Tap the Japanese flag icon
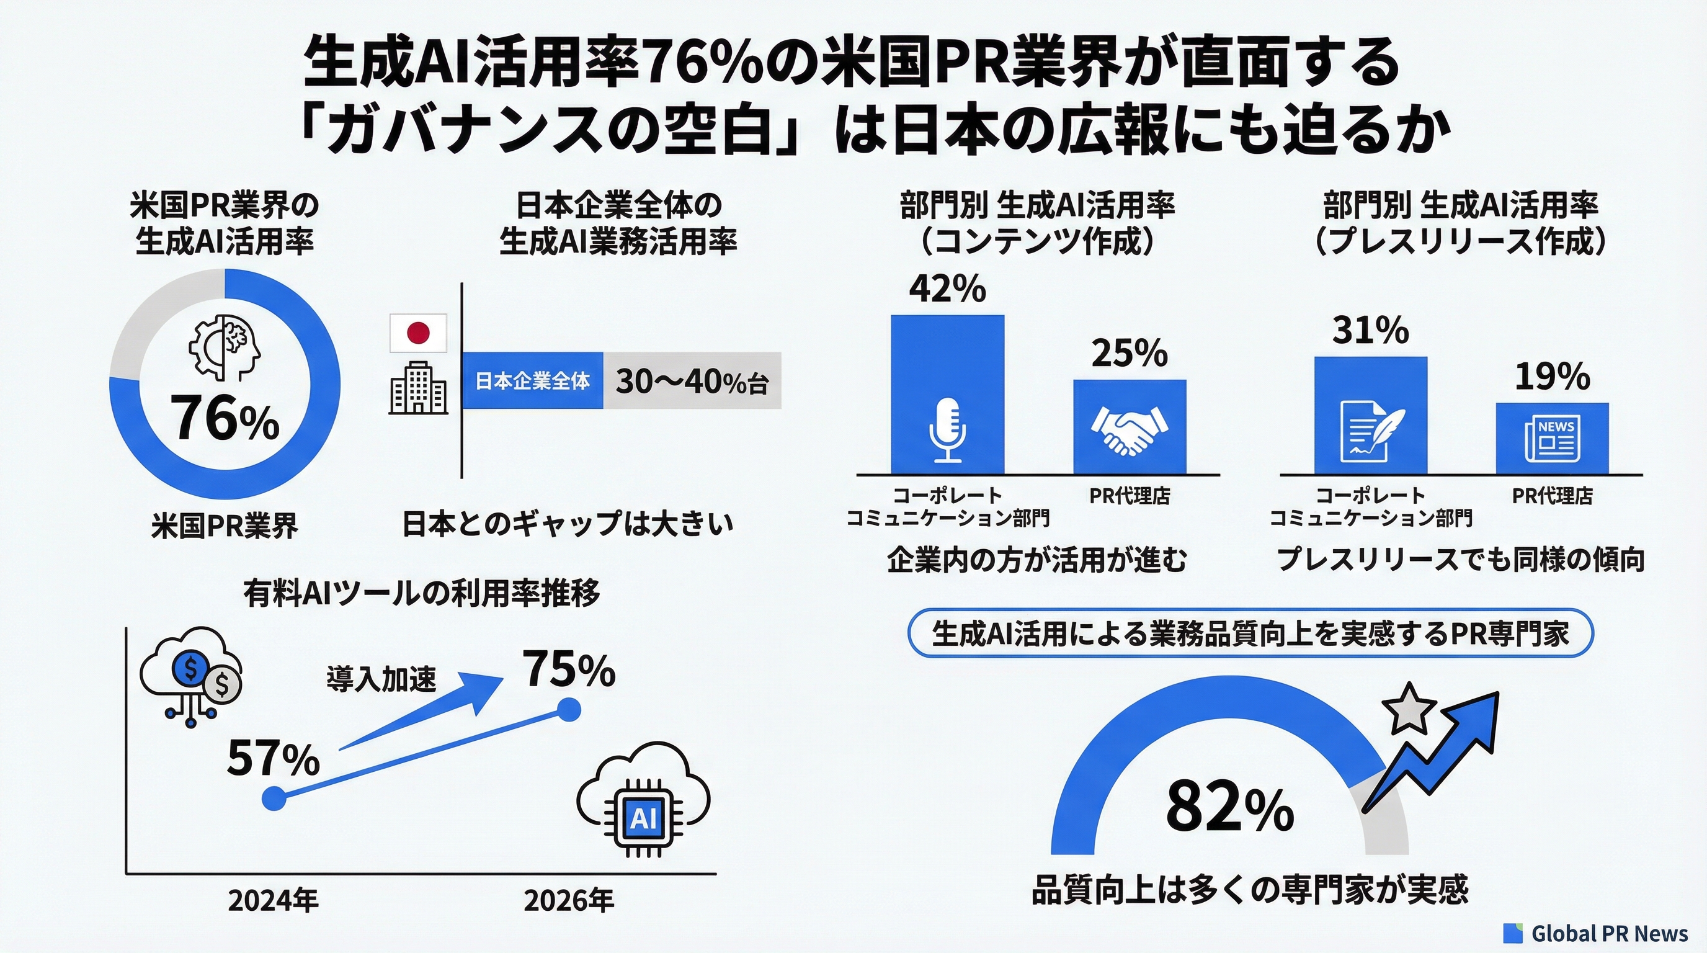pyautogui.click(x=418, y=333)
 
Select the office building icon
pyautogui.click(x=417, y=388)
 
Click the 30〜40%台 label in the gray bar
pyautogui.click(x=692, y=381)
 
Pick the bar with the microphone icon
pyautogui.click(x=947, y=395)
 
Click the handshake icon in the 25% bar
pyautogui.click(x=1129, y=429)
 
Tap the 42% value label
pyautogui.click(x=947, y=289)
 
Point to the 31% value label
pyautogui.click(x=1370, y=330)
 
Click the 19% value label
pyautogui.click(x=1552, y=377)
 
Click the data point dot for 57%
pyautogui.click(x=274, y=797)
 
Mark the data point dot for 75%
pyautogui.click(x=569, y=710)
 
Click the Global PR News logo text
pyautogui.click(x=1609, y=933)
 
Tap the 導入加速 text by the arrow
pyautogui.click(x=381, y=680)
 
